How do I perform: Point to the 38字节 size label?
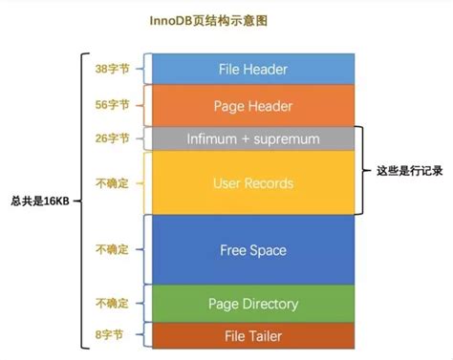(114, 69)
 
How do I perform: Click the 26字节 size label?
(114, 139)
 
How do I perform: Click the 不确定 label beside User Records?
(114, 181)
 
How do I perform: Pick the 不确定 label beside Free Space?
(114, 250)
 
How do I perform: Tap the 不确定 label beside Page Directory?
(114, 304)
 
